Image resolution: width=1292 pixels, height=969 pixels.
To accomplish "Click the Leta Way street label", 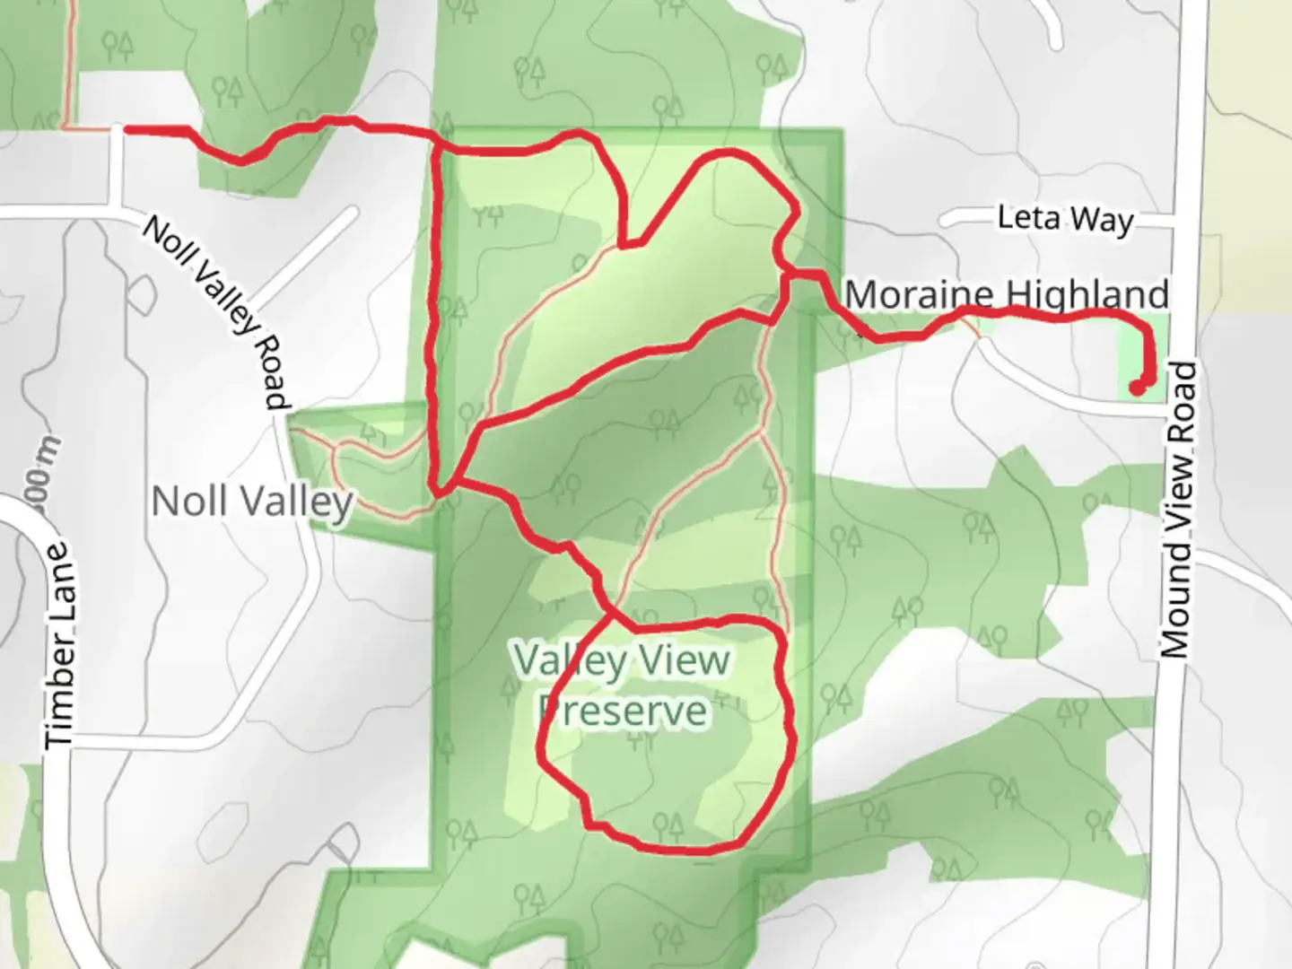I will pyautogui.click(x=1065, y=218).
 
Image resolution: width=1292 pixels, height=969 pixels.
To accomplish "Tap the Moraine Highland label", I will pyautogui.click(x=1007, y=294).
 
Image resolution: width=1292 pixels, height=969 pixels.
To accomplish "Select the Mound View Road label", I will pyautogui.click(x=1179, y=509).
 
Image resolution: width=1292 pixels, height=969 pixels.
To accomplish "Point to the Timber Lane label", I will pyautogui.click(x=60, y=644).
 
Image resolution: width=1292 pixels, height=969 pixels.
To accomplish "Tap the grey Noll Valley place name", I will pyautogui.click(x=252, y=502).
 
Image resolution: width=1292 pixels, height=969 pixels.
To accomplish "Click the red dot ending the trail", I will pyautogui.click(x=1137, y=388).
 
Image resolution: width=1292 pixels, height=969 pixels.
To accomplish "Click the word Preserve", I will pyautogui.click(x=624, y=711).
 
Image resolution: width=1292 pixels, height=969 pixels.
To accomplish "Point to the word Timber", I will pyautogui.click(x=60, y=686).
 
